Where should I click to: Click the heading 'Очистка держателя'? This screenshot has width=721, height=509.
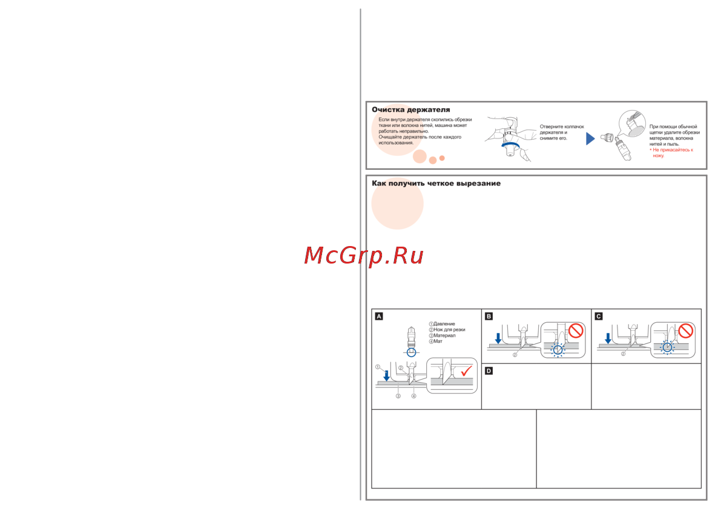(x=410, y=110)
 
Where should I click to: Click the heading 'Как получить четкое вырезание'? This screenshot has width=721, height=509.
(x=436, y=183)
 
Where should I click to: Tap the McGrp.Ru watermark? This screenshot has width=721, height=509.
(x=363, y=256)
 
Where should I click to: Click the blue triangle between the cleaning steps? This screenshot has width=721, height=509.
(x=590, y=139)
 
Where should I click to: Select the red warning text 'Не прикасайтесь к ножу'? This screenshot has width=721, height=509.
(x=673, y=152)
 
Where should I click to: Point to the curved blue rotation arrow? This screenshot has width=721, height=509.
(x=510, y=144)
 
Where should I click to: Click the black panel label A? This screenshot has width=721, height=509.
(x=379, y=316)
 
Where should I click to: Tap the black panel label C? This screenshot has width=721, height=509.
(x=599, y=316)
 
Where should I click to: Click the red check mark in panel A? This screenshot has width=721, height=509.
(x=467, y=370)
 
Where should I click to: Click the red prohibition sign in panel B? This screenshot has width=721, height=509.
(x=575, y=331)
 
